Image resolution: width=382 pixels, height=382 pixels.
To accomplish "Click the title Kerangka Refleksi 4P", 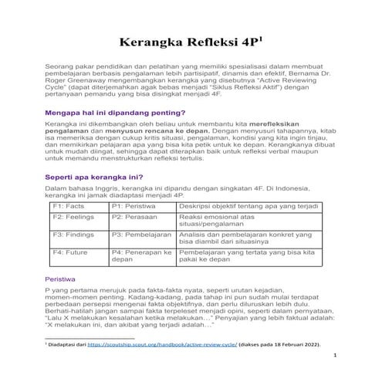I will tap(190, 42).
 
